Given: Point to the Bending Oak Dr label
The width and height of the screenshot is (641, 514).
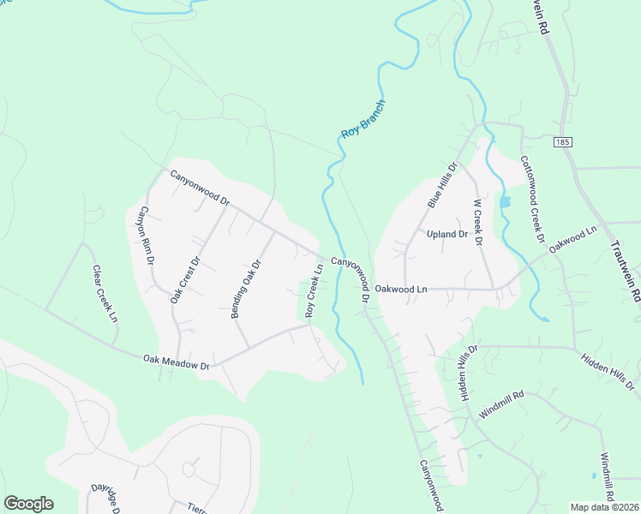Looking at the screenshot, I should [x=245, y=289].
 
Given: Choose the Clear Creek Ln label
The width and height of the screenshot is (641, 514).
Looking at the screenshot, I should [x=105, y=293].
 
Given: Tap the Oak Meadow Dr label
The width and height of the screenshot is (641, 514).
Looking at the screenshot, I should [x=177, y=362].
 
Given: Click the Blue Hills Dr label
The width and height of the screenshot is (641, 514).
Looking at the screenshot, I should [x=440, y=184].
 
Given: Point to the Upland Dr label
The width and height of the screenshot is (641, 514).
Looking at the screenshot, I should [x=447, y=234].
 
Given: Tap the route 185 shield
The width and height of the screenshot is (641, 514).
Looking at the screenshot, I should [x=561, y=141].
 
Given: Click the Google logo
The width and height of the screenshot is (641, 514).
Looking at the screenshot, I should [x=28, y=504].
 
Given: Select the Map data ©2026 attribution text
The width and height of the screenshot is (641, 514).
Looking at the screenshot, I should [x=604, y=507].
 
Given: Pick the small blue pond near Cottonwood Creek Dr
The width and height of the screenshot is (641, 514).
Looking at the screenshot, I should [x=505, y=202].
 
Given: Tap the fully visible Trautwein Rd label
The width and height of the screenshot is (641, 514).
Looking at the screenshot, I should [x=625, y=269].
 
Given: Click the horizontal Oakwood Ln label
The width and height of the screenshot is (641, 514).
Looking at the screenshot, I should [x=401, y=290].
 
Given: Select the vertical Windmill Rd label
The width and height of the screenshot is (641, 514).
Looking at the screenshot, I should [x=607, y=476].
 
